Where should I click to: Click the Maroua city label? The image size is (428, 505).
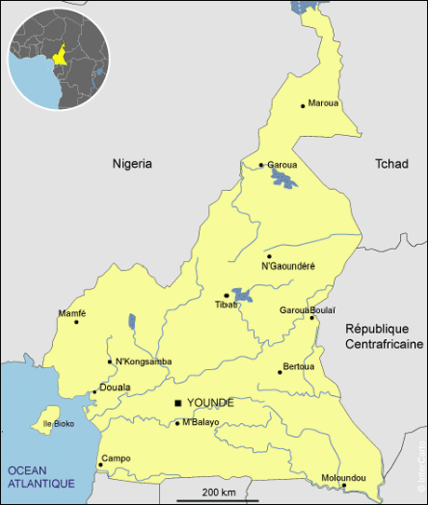coord(324,102)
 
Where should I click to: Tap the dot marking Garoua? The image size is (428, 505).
coord(261,166)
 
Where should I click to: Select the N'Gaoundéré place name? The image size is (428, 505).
coord(288,266)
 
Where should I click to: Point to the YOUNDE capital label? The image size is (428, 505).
coord(210,403)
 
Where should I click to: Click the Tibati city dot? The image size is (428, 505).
coord(226,295)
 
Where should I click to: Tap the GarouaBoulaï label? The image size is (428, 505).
coord(308,309)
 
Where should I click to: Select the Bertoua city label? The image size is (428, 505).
coord(299,366)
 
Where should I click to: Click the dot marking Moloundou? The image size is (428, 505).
coord(344,485)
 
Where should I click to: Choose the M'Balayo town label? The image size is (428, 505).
coord(201,422)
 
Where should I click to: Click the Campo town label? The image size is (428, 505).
coord(116,458)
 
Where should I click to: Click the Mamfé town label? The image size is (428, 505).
coord(73,313)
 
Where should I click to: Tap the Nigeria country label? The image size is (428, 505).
coord(132,163)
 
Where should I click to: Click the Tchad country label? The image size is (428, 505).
coord(391,163)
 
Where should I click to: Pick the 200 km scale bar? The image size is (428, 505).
coord(218,498)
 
